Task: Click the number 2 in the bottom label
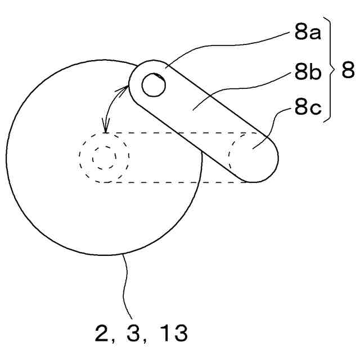coord(101,335)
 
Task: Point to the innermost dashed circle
coord(104,157)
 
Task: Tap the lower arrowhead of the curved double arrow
coord(104,129)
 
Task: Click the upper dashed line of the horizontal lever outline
coord(169,133)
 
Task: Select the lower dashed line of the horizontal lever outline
coord(169,182)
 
